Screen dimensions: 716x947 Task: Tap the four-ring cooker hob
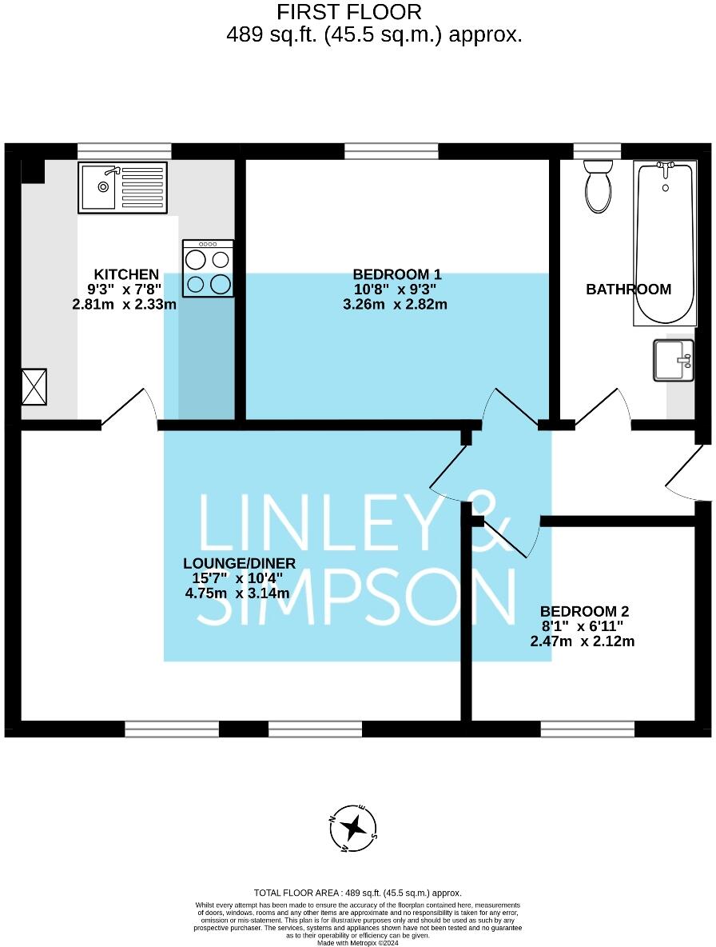(x=208, y=268)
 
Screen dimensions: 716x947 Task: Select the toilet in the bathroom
(x=599, y=186)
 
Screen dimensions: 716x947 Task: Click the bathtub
(x=666, y=243)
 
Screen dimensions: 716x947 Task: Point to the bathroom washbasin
(x=674, y=361)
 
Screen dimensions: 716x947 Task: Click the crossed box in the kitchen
(x=34, y=386)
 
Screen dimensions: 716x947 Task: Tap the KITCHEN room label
(x=126, y=274)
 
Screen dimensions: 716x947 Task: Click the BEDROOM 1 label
(x=397, y=274)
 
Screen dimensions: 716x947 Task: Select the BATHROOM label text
(x=629, y=290)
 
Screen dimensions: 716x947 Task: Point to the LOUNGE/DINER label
(x=240, y=564)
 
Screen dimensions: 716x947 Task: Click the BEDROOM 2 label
(x=584, y=611)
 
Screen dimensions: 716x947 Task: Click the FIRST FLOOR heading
(x=349, y=11)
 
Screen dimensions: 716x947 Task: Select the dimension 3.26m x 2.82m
(x=395, y=304)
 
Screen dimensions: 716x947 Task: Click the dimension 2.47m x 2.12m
(x=583, y=641)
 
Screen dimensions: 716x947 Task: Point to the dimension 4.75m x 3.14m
(x=237, y=593)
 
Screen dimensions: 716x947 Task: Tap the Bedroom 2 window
(x=587, y=729)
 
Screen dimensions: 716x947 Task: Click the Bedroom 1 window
(x=392, y=151)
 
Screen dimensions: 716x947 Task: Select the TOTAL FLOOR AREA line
(x=358, y=893)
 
